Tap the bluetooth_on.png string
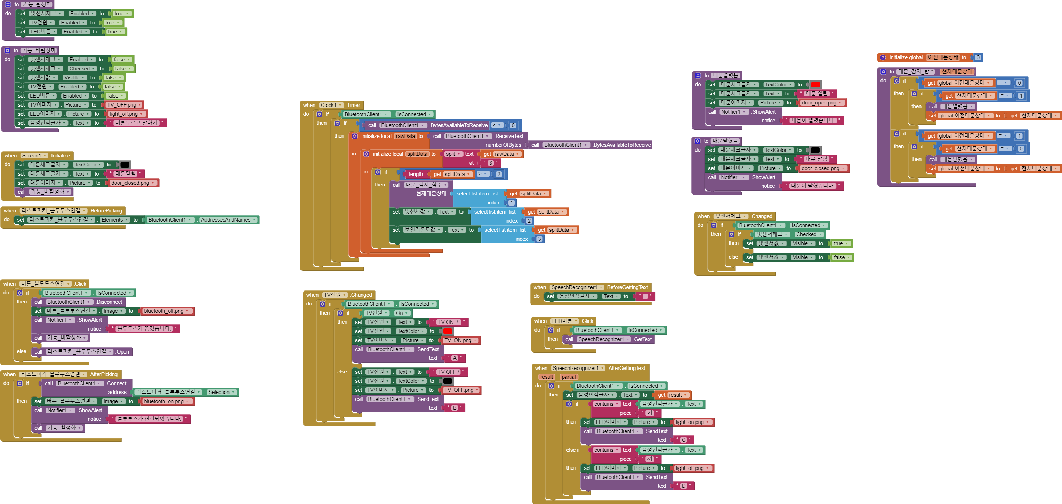point(164,401)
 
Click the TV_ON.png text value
point(458,341)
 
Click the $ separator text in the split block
point(491,163)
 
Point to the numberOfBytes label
point(503,145)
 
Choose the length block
point(416,174)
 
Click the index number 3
point(539,239)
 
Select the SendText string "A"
point(455,358)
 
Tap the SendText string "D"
point(684,486)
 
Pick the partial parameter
point(569,377)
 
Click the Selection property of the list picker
point(221,392)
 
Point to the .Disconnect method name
point(109,302)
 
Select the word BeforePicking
point(106,210)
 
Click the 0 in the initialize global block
point(978,58)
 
